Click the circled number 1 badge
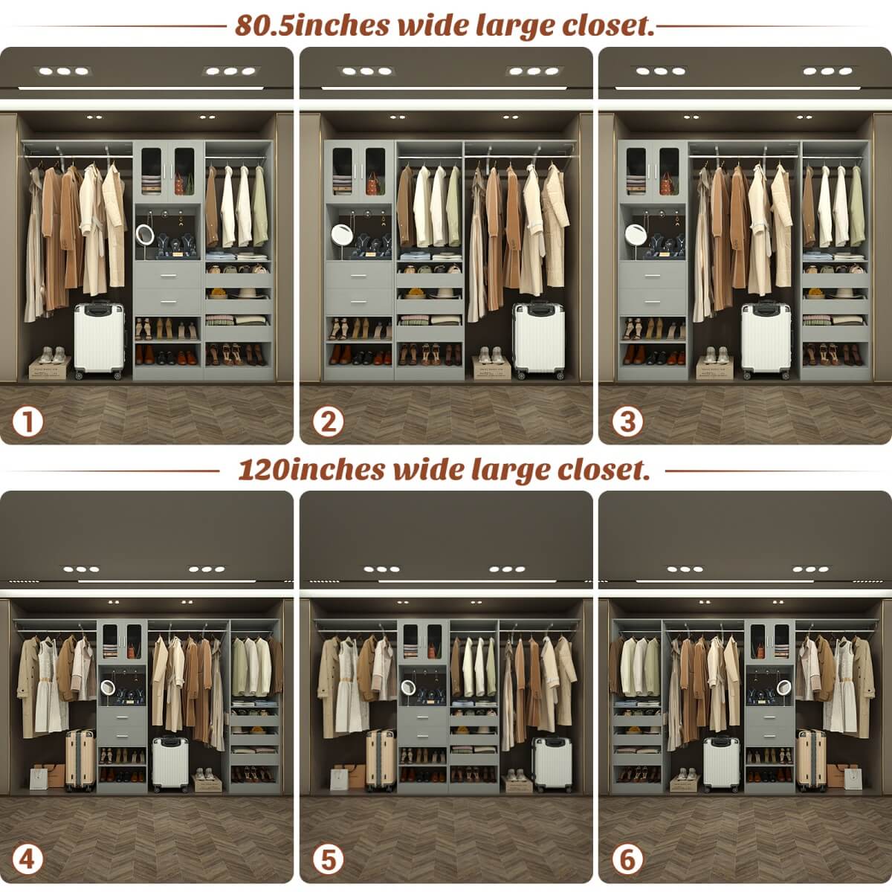(28, 421)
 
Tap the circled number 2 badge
(328, 421)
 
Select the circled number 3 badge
(627, 421)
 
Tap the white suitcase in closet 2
(539, 340)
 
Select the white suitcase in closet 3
(766, 340)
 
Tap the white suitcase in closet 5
(552, 763)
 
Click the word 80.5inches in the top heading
(313, 25)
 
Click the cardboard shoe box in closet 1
(50, 366)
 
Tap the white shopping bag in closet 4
(39, 778)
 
